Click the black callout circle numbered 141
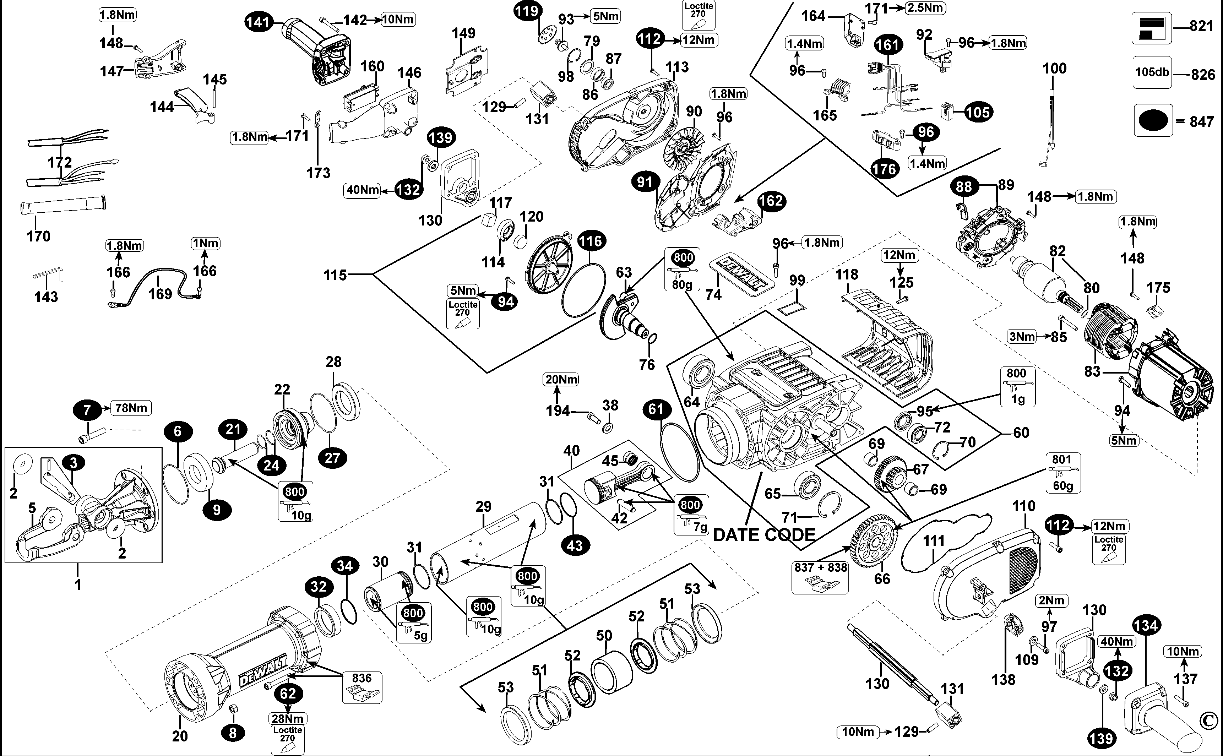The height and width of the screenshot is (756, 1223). [x=259, y=22]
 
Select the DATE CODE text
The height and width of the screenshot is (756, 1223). [x=763, y=534]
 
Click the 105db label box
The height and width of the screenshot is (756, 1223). [x=1152, y=72]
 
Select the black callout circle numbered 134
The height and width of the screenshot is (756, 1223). [x=1146, y=625]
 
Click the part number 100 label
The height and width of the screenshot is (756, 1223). [x=1054, y=69]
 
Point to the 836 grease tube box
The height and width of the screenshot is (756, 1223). [x=362, y=686]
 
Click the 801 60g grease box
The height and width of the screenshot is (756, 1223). [x=1062, y=473]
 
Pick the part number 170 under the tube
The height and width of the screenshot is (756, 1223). [x=38, y=236]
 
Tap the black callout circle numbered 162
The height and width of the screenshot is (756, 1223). [x=771, y=201]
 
